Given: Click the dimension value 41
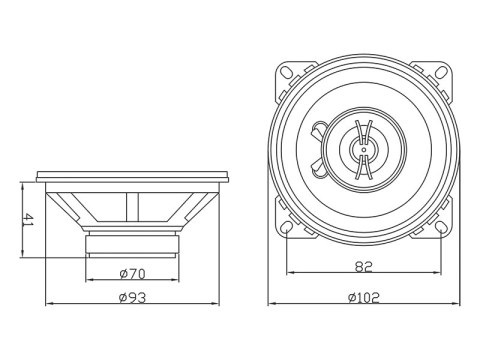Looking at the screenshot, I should pos(29,220).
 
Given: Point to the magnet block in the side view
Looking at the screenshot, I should pos(134,244).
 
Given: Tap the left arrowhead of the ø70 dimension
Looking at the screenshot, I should pos(90,280).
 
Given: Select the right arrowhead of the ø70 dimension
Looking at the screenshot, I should pos(179,280).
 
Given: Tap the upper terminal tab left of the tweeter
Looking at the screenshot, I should pos(318,131).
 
